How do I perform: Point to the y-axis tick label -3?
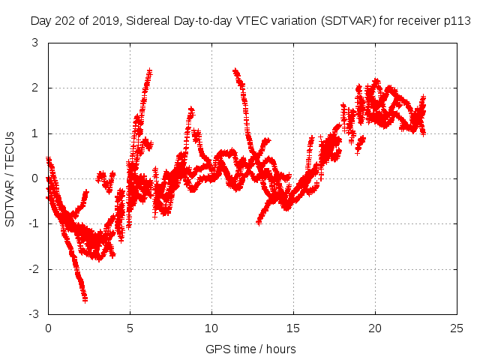pyautogui.click(x=34, y=313)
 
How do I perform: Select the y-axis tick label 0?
pyautogui.click(x=36, y=178)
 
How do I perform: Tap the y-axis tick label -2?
pyautogui.click(x=34, y=268)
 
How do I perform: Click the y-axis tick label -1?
pyautogui.click(x=34, y=223)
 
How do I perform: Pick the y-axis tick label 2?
pyautogui.click(x=36, y=88)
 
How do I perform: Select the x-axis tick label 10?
pyautogui.click(x=211, y=328)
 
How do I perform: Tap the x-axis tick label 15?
pyautogui.click(x=293, y=328)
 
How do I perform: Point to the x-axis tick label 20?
pyautogui.click(x=375, y=328)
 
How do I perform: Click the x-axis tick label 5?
pyautogui.click(x=130, y=328)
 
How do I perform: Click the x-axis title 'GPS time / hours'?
pyautogui.click(x=251, y=349)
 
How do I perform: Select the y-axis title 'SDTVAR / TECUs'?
pyautogui.click(x=10, y=178)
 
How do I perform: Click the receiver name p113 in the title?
pyautogui.click(x=457, y=21)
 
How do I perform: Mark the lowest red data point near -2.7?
pyautogui.click(x=85, y=299)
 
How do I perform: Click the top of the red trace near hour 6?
pyautogui.click(x=150, y=71)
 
